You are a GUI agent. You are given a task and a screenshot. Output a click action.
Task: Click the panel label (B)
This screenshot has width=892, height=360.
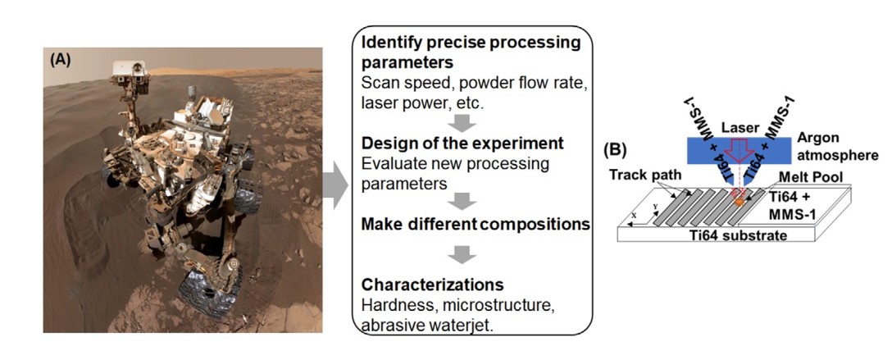[616, 149]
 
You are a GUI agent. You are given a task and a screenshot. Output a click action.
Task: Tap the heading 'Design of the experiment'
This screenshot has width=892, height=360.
[462, 144]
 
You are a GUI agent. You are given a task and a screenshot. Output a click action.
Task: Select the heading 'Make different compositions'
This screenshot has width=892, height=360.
[476, 224]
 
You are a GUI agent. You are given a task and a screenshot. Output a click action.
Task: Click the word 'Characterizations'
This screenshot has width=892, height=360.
[433, 283]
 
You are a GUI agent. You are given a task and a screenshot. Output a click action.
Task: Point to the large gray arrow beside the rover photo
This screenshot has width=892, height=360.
[335, 185]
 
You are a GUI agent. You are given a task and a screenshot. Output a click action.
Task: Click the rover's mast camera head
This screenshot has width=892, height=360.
[130, 70]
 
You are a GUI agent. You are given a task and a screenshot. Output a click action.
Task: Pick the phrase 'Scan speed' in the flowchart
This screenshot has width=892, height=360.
[398, 84]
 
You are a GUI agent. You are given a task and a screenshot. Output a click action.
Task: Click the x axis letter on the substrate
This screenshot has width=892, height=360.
[633, 216]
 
